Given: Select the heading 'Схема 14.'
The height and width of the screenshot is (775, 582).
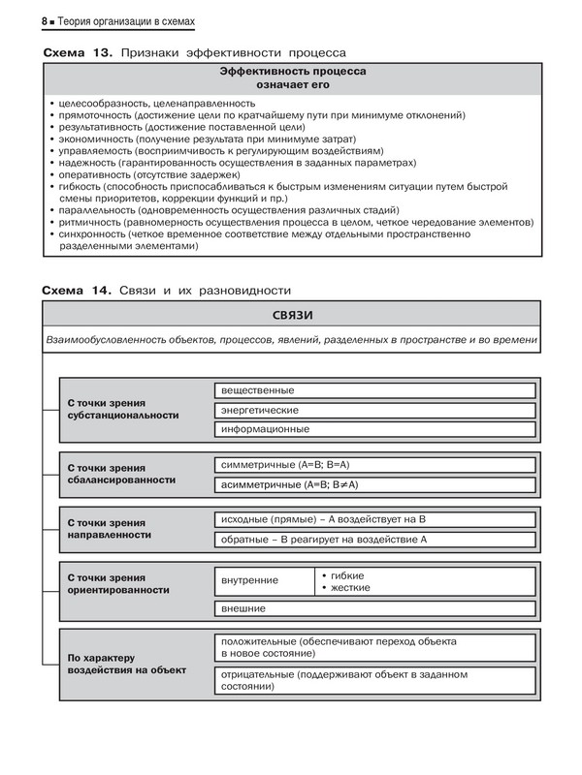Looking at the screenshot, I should click(78, 291).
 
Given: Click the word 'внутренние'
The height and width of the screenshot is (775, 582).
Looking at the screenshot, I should click(249, 580).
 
